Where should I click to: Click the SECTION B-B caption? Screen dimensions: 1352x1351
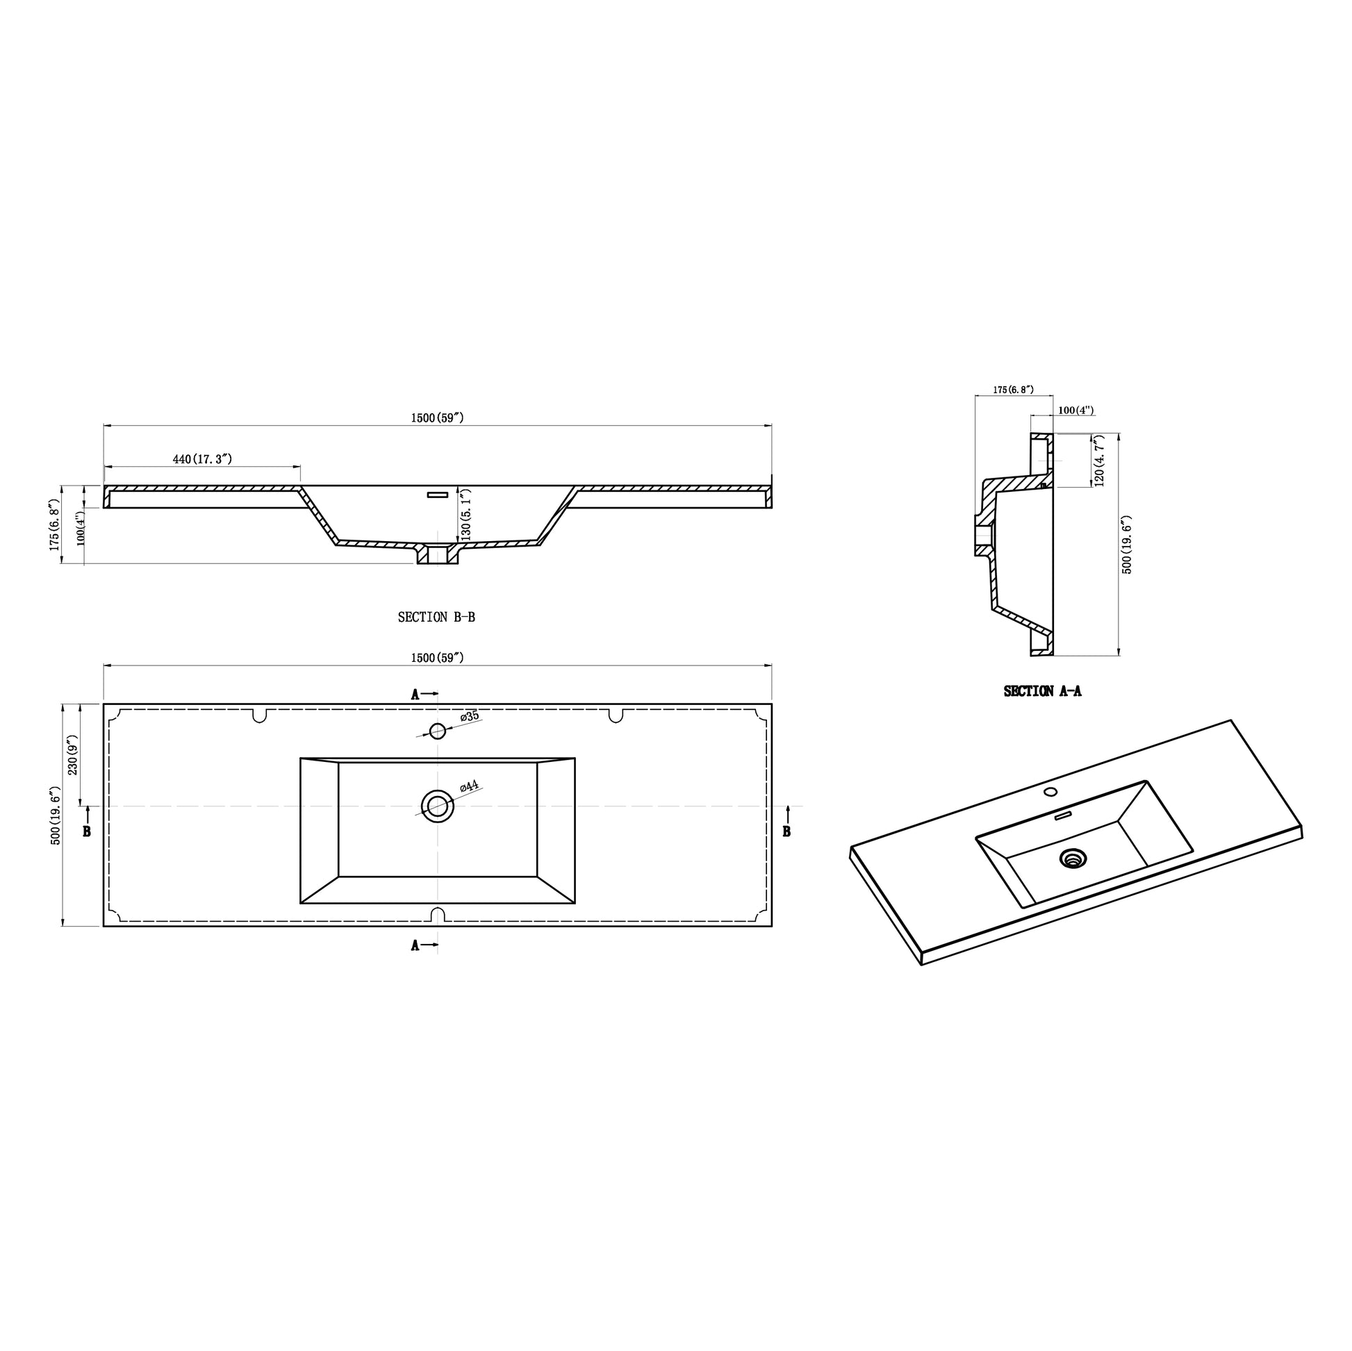436,617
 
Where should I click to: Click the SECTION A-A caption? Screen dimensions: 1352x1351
1042,691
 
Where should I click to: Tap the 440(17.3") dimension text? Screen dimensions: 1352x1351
202,459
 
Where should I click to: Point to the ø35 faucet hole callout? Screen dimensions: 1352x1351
470,716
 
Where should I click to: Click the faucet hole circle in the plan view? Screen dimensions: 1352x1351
438,731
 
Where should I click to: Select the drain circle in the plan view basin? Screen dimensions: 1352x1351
438,806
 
